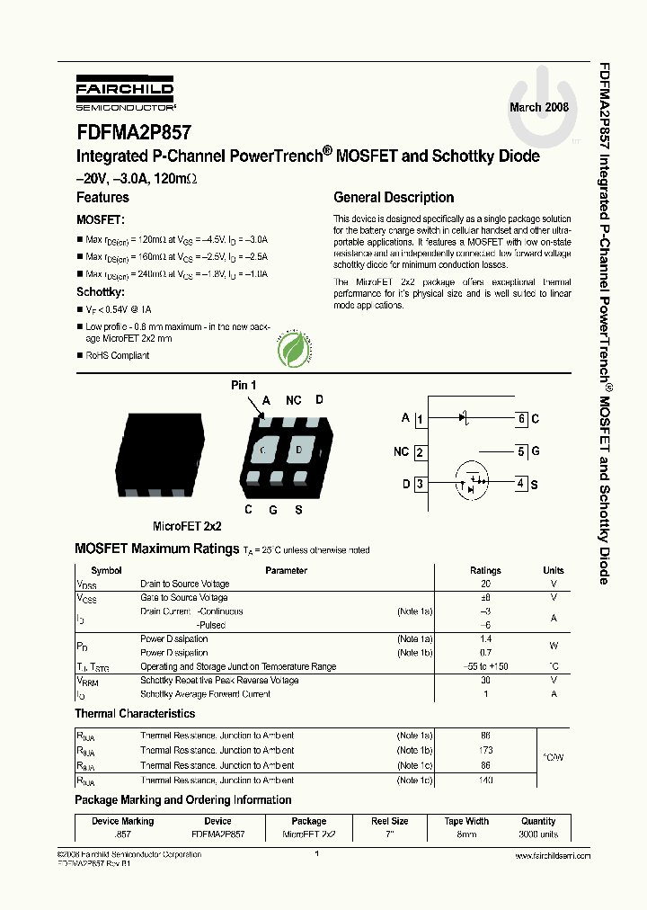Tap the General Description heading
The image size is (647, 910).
tap(394, 198)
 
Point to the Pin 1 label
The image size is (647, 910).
tap(244, 385)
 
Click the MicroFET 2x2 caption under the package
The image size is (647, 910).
tap(187, 526)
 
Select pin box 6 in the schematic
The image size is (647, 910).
tap(521, 418)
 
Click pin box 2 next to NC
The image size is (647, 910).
tap(420, 452)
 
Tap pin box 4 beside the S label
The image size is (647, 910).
tap(521, 484)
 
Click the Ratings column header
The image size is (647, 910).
tap(486, 570)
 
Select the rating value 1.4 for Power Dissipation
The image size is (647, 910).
tap(486, 639)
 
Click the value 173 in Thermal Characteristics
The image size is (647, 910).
tap(486, 750)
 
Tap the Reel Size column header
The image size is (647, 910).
tap(389, 821)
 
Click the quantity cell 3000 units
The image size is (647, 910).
tap(538, 834)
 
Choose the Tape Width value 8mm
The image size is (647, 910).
tap(466, 834)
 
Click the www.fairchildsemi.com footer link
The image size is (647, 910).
tap(553, 856)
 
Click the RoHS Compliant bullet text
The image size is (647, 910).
tap(118, 356)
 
